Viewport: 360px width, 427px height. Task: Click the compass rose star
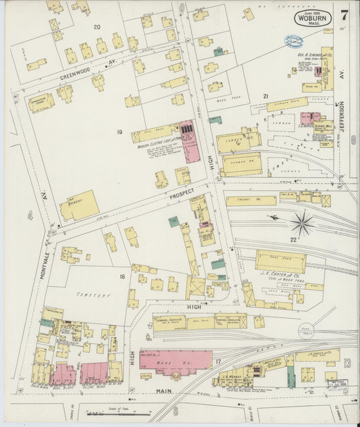(x=302, y=222)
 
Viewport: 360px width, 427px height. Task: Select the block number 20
(x=97, y=27)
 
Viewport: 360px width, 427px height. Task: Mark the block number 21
(x=266, y=97)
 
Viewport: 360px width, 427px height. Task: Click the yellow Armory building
(x=79, y=205)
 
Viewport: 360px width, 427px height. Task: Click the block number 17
(x=217, y=362)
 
